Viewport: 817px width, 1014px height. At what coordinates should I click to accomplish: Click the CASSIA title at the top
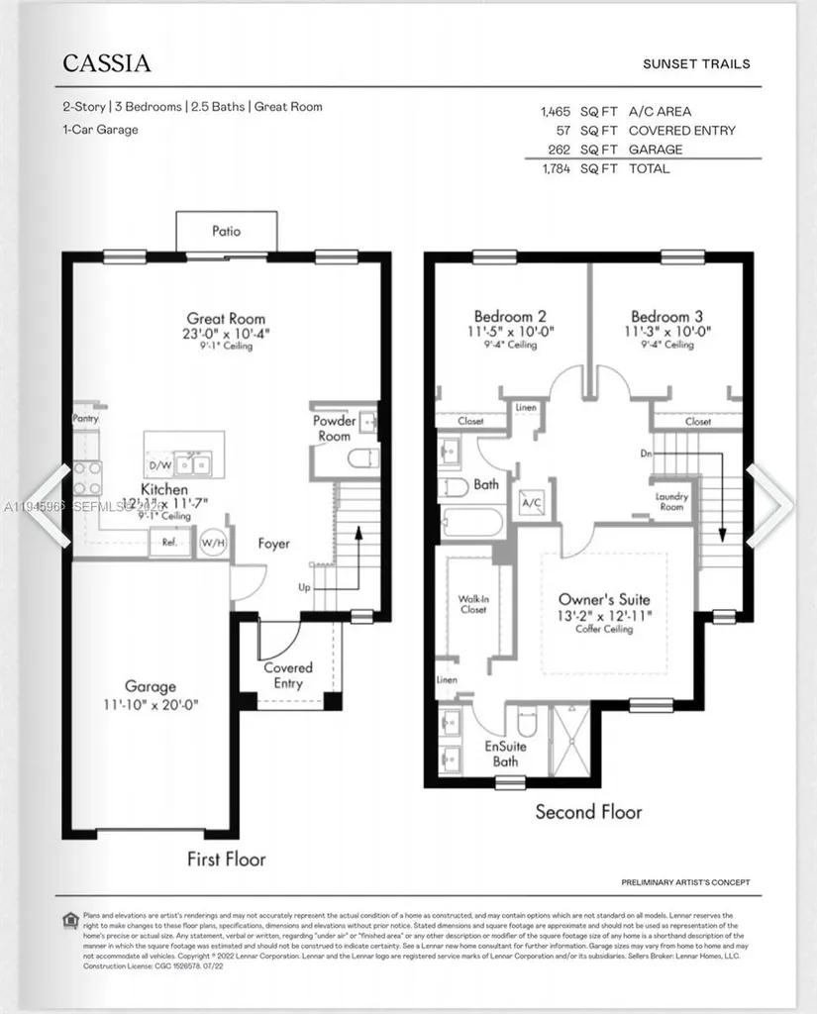(107, 64)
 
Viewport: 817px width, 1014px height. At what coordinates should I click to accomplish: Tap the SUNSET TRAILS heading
(697, 64)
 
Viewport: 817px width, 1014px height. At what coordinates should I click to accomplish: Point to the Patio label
(226, 232)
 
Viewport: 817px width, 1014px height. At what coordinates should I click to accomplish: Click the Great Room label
(227, 319)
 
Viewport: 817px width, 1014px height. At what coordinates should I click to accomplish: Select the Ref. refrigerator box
(169, 542)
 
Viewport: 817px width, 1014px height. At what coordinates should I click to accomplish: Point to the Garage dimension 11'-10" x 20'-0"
(151, 705)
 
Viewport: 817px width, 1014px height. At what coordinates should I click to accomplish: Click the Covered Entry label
(288, 675)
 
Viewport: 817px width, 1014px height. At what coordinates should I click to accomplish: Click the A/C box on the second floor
(532, 503)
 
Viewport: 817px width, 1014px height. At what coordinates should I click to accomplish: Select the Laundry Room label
(670, 501)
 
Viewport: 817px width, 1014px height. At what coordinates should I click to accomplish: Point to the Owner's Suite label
(604, 600)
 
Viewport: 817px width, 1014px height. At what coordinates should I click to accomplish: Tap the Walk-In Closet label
(472, 604)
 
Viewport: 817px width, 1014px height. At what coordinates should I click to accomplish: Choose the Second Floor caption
(588, 812)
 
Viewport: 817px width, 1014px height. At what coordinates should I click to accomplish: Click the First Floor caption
(226, 859)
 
